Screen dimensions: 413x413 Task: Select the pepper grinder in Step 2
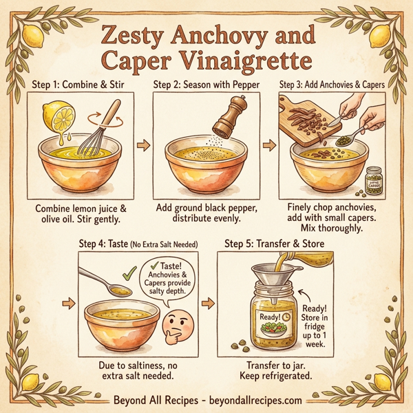click(x=226, y=114)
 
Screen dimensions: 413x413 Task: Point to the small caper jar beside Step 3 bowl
click(x=374, y=180)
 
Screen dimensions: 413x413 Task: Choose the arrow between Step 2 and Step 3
click(x=271, y=147)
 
